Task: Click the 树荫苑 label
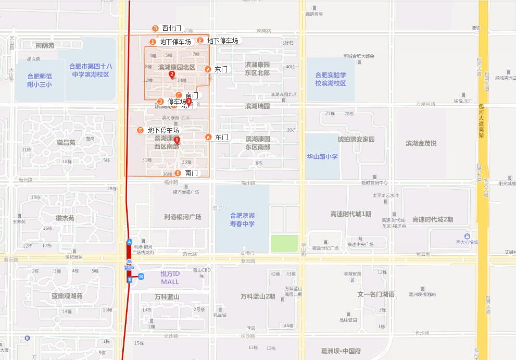point(44,45)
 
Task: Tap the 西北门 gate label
point(171,28)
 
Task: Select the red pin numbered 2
point(172,75)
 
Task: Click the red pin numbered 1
point(177,140)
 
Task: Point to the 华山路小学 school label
point(322,156)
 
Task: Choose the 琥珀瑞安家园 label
point(356,139)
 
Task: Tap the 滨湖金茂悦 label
point(421,143)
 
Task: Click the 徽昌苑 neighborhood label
point(66,142)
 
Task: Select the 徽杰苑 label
point(65,218)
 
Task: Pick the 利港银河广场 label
point(182,217)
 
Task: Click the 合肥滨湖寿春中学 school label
point(242,219)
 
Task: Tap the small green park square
point(284,244)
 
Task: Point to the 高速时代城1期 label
point(350,214)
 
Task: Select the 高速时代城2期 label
point(432,219)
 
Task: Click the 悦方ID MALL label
point(170,278)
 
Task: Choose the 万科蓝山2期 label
point(257,296)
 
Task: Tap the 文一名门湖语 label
point(375,294)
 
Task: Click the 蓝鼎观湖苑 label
point(67,295)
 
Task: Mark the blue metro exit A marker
point(129,242)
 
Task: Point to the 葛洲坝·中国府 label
point(341,351)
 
